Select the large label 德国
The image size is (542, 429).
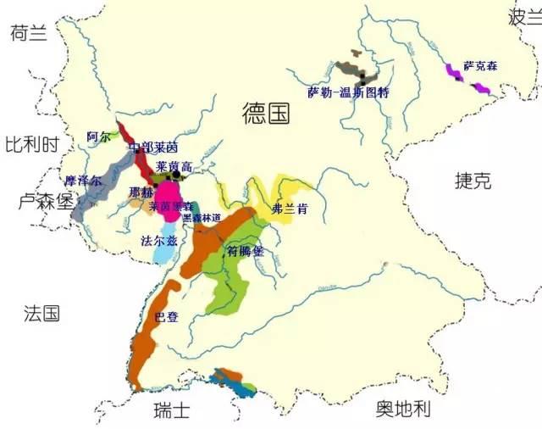point(265,113)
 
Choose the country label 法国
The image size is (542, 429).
point(41,314)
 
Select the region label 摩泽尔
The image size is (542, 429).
point(84,181)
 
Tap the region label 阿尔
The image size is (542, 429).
point(98,136)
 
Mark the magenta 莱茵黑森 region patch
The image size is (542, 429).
point(171,197)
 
